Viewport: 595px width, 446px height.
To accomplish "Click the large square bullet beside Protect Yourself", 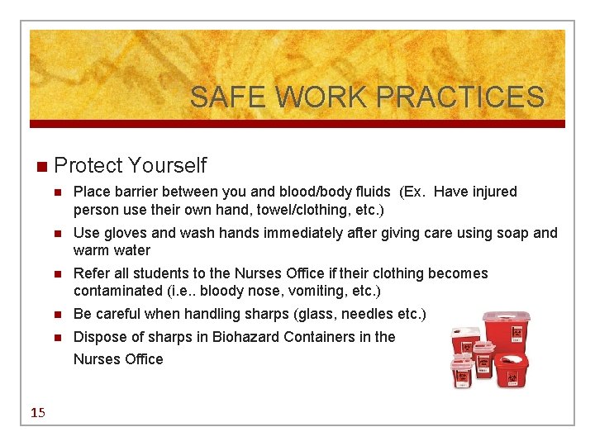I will pyautogui.click(x=41, y=166).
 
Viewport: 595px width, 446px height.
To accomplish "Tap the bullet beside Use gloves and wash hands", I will pyautogui.click(x=58, y=234).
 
